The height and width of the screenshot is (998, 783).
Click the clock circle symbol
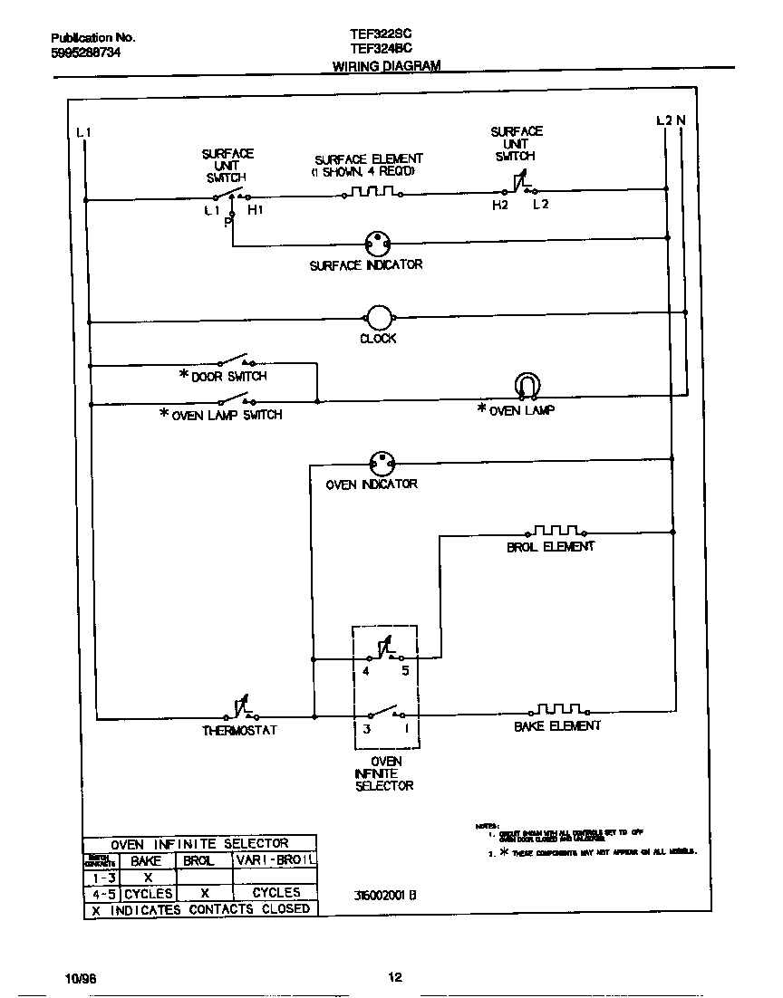(378, 317)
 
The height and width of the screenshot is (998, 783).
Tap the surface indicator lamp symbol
(378, 243)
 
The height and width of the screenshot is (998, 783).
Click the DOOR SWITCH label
(228, 376)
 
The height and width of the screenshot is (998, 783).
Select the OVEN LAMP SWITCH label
(227, 415)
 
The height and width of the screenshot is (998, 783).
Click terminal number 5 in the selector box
(406, 671)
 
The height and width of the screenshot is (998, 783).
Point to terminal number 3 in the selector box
(367, 728)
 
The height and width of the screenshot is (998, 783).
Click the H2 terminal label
(500, 206)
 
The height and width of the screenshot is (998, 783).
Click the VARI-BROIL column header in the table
(275, 860)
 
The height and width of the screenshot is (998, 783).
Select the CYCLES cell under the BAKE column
(148, 893)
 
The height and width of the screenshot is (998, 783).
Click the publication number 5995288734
(85, 53)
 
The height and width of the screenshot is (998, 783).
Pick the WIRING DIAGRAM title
(386, 66)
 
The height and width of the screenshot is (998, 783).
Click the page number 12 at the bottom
(394, 976)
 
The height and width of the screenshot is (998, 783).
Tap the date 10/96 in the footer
(80, 979)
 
